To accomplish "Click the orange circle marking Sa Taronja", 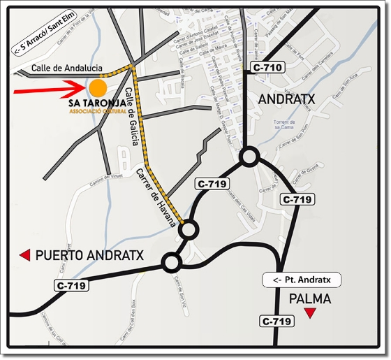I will pyautogui.click(x=98, y=87).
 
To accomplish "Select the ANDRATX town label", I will pyautogui.click(x=286, y=99).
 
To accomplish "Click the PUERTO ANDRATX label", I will pyautogui.click(x=89, y=256).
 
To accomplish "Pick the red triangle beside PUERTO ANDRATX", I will pyautogui.click(x=24, y=255).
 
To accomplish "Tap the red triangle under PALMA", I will pyautogui.click(x=309, y=314).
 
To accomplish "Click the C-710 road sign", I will pyautogui.click(x=267, y=68).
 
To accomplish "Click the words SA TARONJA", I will pyautogui.click(x=97, y=103).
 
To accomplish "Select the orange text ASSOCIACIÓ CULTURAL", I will pyautogui.click(x=97, y=111).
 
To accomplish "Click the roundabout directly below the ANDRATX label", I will pyautogui.click(x=249, y=157).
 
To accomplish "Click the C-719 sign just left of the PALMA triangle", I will pyautogui.click(x=276, y=322).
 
